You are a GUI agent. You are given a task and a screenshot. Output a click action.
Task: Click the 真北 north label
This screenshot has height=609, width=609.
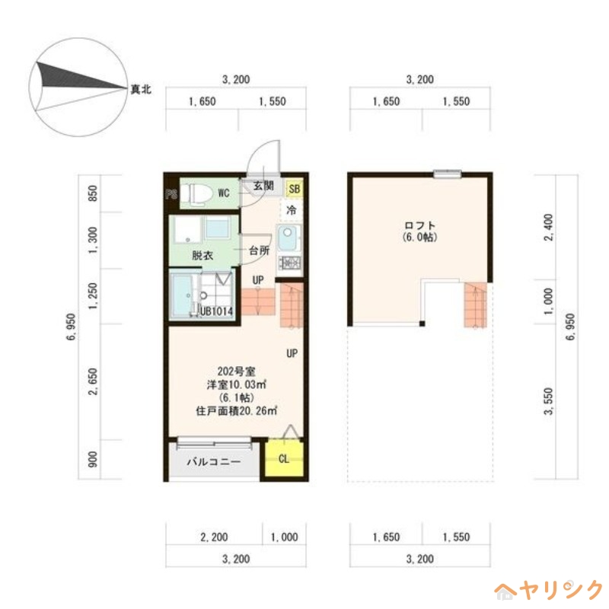[141, 90]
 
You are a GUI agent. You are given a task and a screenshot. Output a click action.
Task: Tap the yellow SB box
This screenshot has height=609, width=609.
[294, 188]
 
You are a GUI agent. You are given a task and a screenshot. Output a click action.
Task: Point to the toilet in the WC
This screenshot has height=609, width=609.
[196, 193]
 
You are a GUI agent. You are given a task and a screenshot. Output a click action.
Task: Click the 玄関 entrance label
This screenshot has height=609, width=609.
[263, 187]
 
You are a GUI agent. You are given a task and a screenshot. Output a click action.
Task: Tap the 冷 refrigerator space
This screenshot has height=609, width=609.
[291, 209]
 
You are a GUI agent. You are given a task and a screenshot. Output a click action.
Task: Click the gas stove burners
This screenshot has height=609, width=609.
[290, 263]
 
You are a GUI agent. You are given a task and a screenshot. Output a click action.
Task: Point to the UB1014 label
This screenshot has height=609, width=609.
[216, 311]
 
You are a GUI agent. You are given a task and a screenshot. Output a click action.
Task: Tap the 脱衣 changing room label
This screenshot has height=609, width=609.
[202, 256]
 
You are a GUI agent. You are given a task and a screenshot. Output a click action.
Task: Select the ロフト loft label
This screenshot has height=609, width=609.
[419, 225]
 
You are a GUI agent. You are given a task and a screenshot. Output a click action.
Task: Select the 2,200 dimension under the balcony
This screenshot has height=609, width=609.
[215, 537]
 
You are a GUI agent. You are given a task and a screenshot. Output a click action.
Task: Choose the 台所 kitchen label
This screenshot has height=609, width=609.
[259, 250]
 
